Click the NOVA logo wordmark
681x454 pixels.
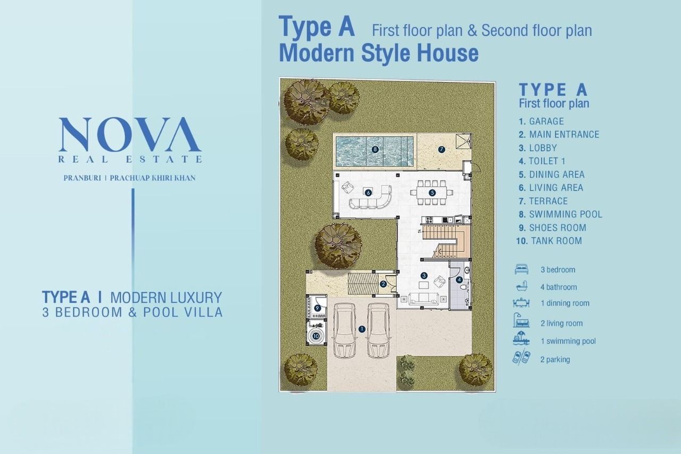[x=130, y=135]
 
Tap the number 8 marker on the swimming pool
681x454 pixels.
[x=375, y=150]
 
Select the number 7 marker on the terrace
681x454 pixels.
[x=442, y=150]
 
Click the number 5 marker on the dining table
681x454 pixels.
[x=432, y=193]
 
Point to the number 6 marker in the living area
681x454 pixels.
[x=369, y=193]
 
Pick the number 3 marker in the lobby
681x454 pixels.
[x=424, y=276]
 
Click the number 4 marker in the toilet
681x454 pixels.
[x=459, y=280]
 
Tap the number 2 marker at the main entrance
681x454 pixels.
[x=383, y=284]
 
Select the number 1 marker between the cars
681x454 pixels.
[x=362, y=329]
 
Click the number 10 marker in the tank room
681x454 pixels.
[x=316, y=336]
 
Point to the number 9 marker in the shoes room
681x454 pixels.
[x=317, y=308]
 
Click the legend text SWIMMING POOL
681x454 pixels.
[x=566, y=214]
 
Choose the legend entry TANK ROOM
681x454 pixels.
[x=557, y=241]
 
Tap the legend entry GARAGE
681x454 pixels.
[x=546, y=121]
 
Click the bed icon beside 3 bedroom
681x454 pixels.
[x=521, y=269]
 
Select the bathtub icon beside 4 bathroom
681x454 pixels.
[x=522, y=286]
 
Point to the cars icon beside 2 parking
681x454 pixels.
[x=521, y=358]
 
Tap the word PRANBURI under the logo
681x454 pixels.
[x=82, y=178]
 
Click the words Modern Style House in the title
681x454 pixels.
[x=379, y=53]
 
